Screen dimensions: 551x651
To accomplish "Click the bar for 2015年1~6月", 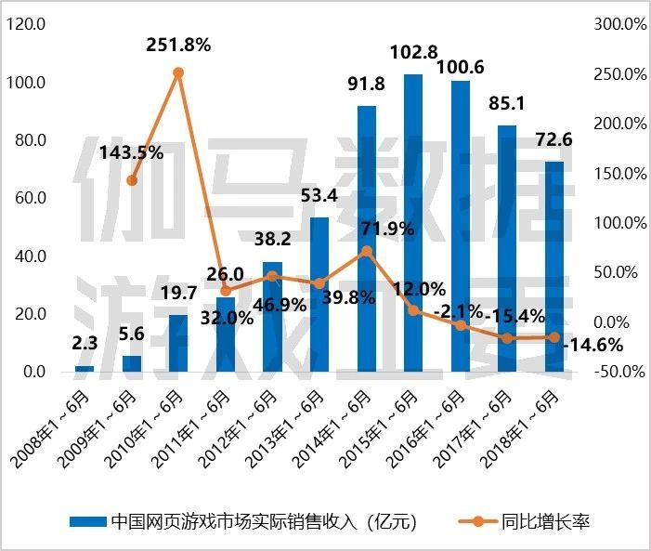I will tap(413, 223).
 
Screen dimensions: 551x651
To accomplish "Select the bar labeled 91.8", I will tap(367, 239).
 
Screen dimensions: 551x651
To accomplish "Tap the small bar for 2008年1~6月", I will tap(85, 369).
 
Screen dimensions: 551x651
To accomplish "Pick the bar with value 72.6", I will tap(554, 267).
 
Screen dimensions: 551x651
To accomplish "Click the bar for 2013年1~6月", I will tap(319, 295).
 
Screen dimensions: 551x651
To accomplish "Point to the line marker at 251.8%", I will tap(178, 72).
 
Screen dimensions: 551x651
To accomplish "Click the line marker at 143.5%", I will tap(132, 180).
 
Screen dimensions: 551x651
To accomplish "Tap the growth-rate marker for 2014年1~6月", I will tap(367, 251).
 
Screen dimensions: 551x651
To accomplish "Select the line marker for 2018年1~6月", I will tap(554, 337).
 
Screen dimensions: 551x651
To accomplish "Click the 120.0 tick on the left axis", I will tap(26, 25).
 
